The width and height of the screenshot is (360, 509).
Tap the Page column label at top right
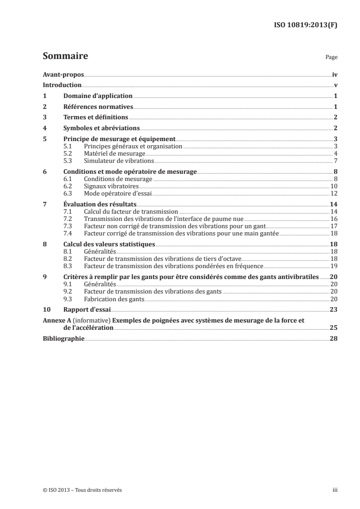tap(331, 58)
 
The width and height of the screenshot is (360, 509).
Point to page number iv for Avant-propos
tap(335, 75)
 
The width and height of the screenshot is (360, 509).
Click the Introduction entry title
tap(62, 85)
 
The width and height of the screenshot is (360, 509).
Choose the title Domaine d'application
tap(98, 96)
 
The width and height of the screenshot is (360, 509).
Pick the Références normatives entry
tap(98, 107)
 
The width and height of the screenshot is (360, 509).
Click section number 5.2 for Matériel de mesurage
tap(68, 154)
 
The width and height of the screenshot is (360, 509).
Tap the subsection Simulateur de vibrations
tap(119, 161)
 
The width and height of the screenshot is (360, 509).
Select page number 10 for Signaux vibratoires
tap(334, 186)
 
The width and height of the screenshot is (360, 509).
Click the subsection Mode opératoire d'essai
tap(117, 193)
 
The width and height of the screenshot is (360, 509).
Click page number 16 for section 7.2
tap(334, 219)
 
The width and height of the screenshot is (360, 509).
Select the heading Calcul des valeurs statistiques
tap(109, 244)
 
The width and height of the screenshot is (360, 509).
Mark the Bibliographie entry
tap(64, 338)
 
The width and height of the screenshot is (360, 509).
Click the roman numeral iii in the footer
tap(335, 490)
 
